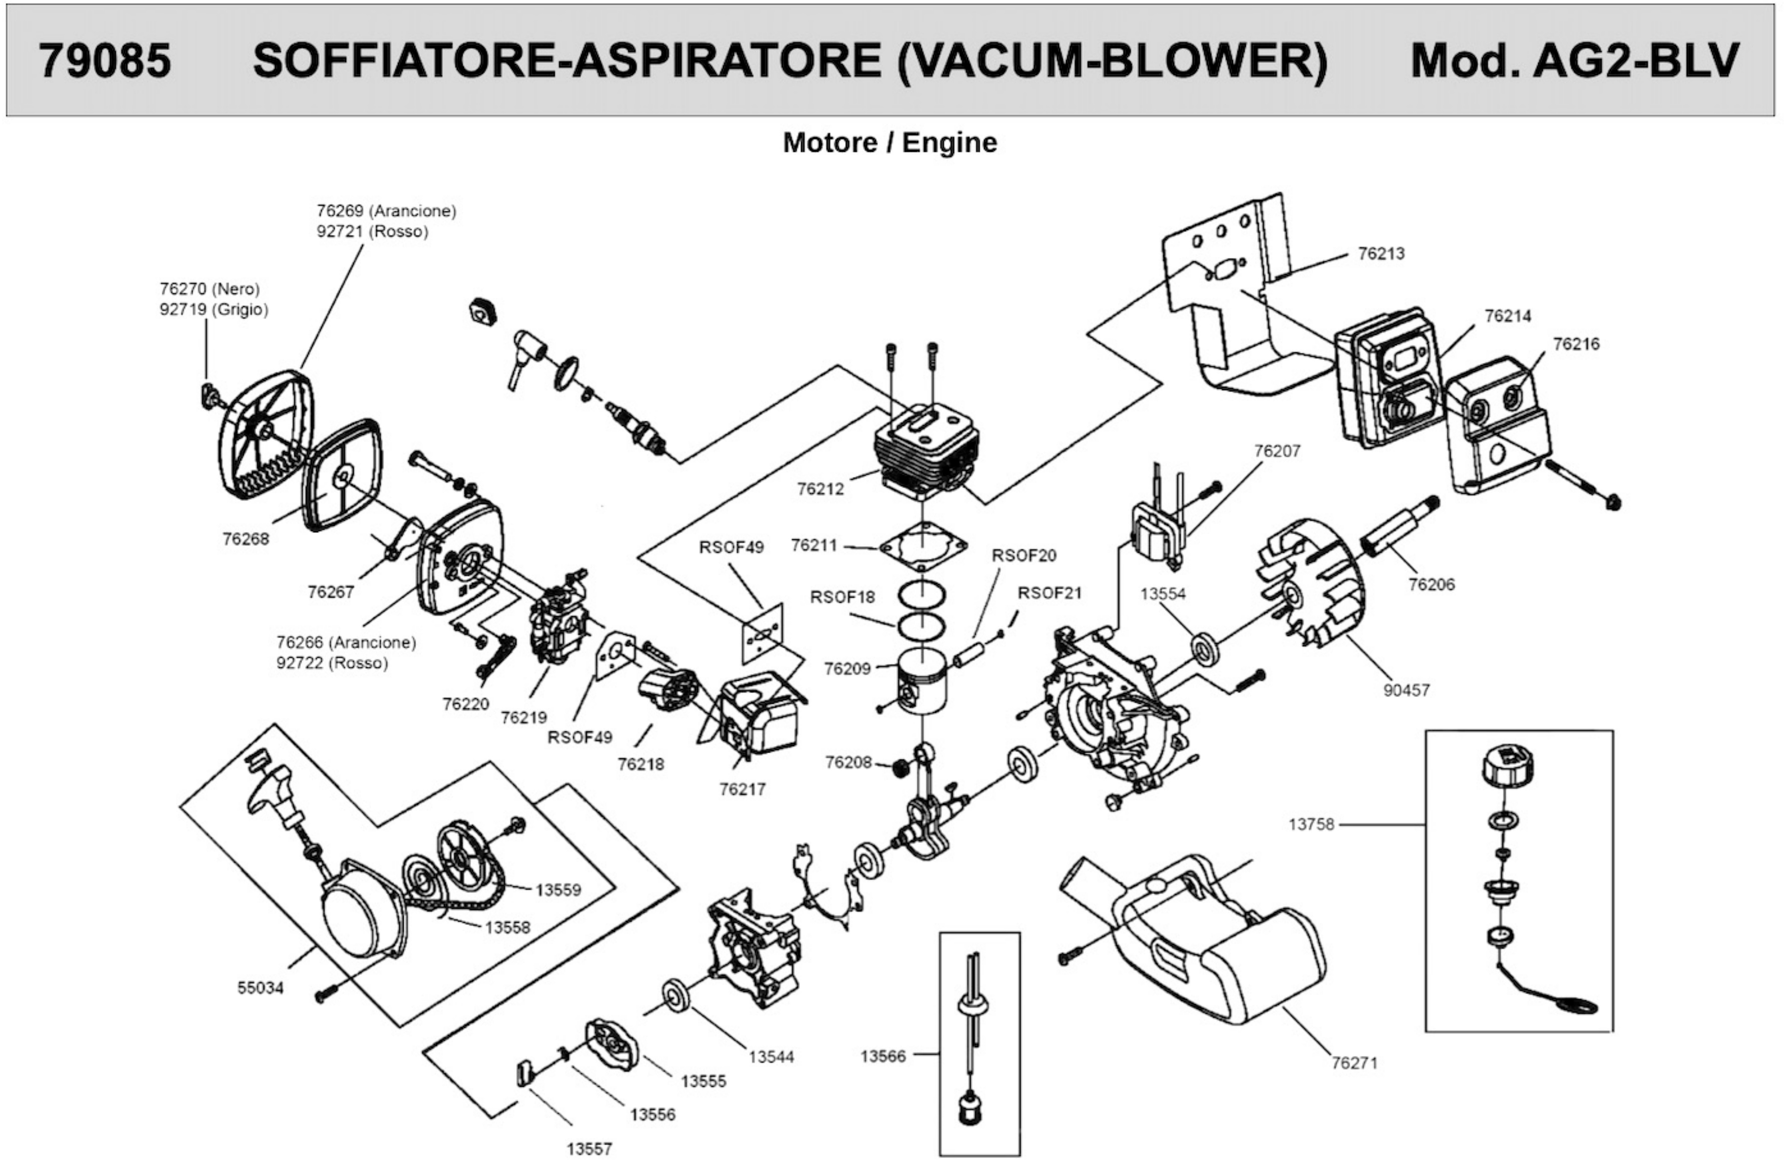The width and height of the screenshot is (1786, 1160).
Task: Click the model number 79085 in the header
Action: coord(105,60)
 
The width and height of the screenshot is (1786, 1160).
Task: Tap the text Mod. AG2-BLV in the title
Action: coord(1574,60)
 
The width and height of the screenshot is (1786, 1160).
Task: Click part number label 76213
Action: coord(1381,254)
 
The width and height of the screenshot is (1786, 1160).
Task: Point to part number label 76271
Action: coord(1355,1062)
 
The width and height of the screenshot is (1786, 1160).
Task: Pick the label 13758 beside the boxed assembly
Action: coord(1311,824)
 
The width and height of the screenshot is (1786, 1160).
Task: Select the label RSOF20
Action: coord(1024,556)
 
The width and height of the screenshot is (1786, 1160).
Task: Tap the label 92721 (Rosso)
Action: coord(372,231)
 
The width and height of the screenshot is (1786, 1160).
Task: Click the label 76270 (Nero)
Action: coord(209,288)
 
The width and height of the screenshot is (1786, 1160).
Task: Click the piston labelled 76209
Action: coord(922,680)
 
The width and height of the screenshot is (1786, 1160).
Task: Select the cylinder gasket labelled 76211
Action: coord(923,546)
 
